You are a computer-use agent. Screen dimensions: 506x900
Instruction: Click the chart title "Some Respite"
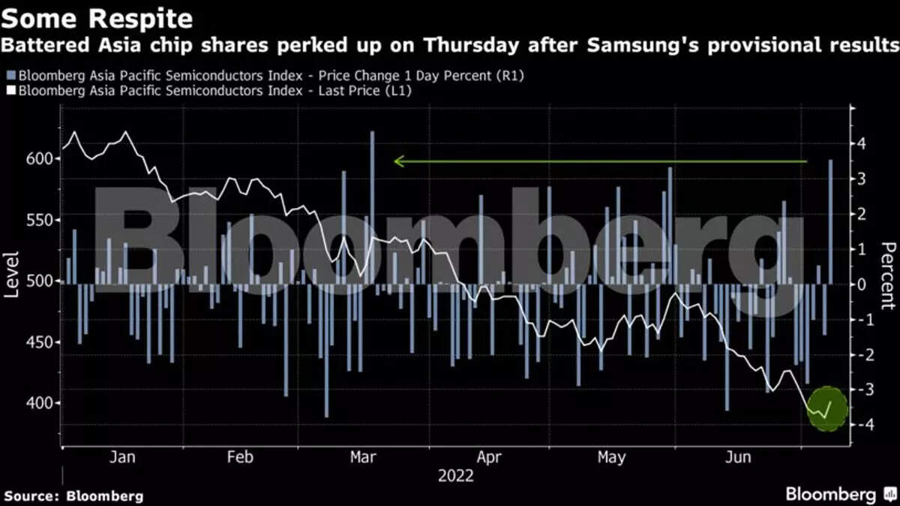coord(97,17)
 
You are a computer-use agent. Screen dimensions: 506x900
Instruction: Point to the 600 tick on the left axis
coord(42,159)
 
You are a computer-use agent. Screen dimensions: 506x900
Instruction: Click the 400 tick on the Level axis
coord(42,403)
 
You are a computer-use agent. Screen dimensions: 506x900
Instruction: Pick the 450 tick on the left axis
coord(42,342)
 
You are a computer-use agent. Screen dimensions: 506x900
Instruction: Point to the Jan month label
coord(121,457)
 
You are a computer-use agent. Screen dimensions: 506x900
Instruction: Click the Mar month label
coord(364,457)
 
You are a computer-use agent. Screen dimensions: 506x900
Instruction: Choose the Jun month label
coord(739,457)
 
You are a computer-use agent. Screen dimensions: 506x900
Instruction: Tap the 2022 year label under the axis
coord(455,475)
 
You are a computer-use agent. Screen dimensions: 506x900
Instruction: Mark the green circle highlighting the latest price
coord(827,409)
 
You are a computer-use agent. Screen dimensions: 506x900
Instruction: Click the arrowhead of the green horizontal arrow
coord(398,161)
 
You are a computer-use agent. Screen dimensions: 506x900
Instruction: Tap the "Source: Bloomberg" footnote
coord(73,495)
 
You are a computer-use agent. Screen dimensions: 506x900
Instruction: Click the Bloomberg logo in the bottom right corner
coord(840,495)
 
